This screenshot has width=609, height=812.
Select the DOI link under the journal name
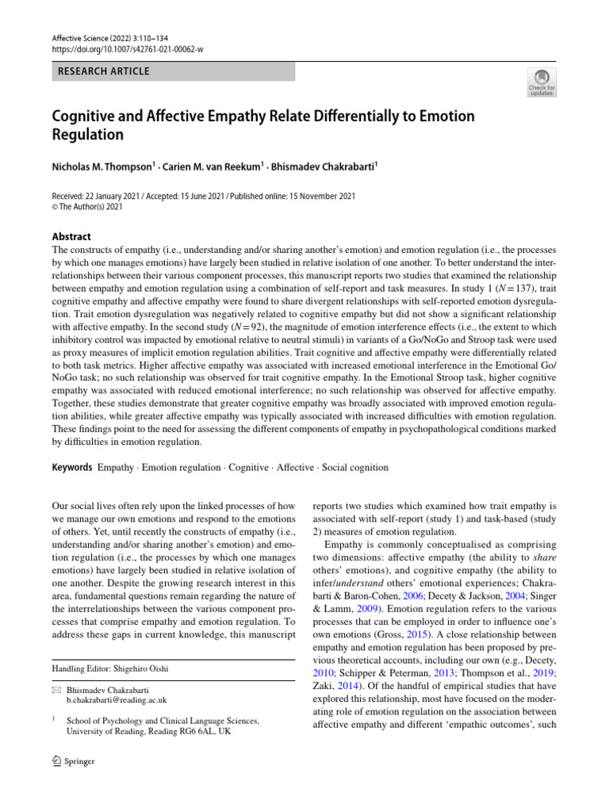tap(128, 49)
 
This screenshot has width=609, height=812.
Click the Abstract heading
tap(71, 236)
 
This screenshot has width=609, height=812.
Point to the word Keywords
tap(71, 468)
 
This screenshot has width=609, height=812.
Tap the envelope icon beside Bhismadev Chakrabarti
tap(56, 689)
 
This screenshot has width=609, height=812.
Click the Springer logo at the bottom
tap(73, 761)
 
